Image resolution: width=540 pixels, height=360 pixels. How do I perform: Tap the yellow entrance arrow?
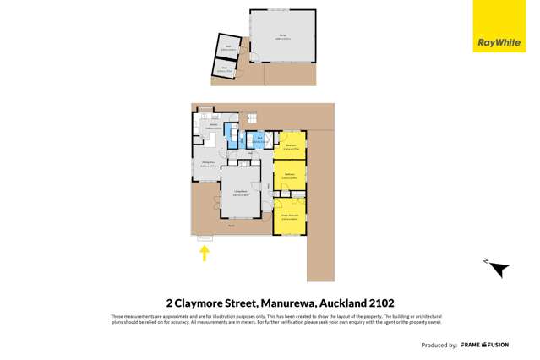pos(204,252)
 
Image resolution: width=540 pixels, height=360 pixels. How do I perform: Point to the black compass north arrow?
pos(499,269)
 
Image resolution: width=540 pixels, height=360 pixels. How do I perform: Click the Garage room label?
pos(283,36)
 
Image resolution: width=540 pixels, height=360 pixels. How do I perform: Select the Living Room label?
pos(240,193)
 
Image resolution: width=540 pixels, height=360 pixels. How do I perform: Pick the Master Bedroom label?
pos(290,216)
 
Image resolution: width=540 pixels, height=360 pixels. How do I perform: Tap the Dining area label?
pos(205,165)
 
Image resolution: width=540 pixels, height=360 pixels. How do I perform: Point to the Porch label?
pos(232,226)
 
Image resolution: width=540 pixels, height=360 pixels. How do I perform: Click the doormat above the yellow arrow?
pos(204,238)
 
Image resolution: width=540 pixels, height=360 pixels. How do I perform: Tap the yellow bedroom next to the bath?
pos(290,145)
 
